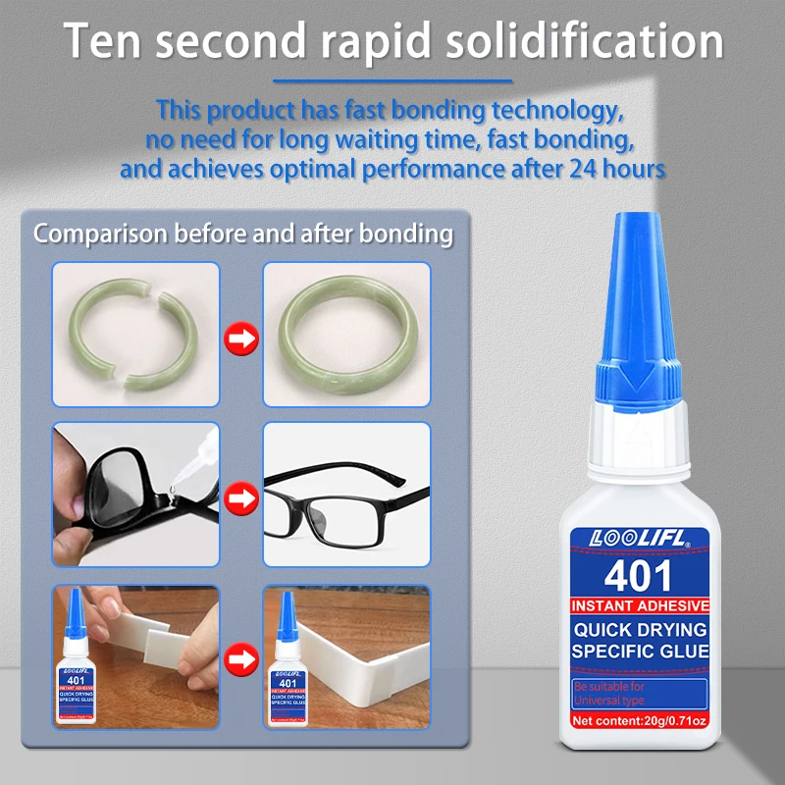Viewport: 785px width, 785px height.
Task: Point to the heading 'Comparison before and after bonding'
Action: point(243,235)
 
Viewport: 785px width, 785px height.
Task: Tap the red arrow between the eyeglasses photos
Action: point(240,498)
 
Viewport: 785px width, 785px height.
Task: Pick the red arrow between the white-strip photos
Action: point(240,656)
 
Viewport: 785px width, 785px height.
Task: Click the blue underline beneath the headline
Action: point(392,81)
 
